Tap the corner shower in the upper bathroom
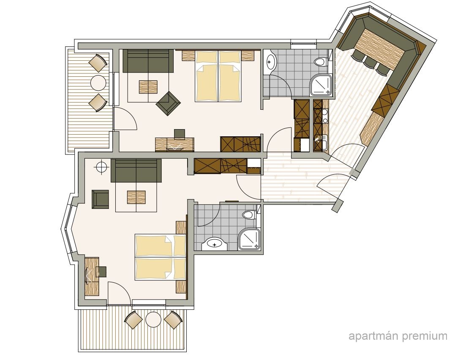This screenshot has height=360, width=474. (x=321, y=84)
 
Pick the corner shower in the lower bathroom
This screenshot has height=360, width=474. (x=249, y=239)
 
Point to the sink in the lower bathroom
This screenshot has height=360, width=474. (x=215, y=244)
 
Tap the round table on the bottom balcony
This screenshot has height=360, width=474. (x=153, y=319)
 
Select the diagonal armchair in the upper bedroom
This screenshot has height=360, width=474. (x=168, y=103)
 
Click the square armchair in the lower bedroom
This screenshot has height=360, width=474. (x=101, y=199)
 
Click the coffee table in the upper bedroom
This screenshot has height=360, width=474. (x=148, y=87)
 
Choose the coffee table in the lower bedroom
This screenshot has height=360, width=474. (x=136, y=197)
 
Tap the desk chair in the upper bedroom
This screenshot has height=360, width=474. (x=180, y=134)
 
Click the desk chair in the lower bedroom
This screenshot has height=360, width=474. (x=101, y=271)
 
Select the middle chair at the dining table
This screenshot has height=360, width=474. (x=369, y=62)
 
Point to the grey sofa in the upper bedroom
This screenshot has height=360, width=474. (x=148, y=61)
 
